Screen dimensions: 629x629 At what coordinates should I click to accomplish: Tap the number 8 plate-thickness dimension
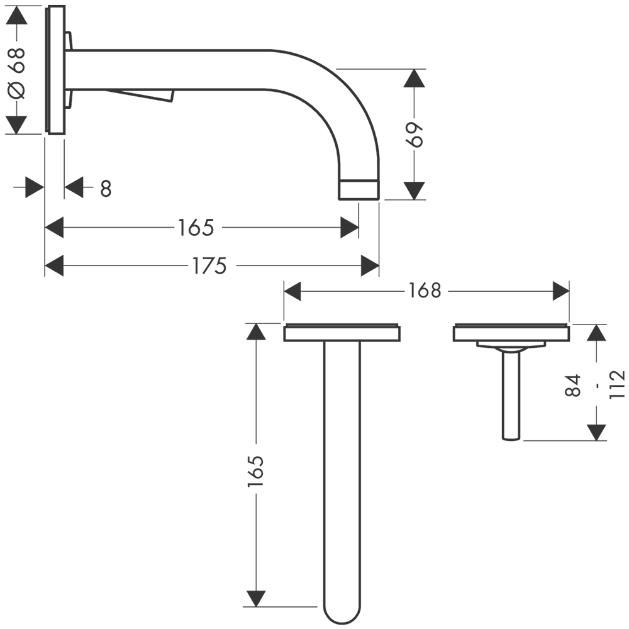(x=106, y=188)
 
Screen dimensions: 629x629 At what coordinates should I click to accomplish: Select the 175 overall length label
(x=209, y=266)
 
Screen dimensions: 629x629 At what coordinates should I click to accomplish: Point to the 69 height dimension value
(x=415, y=134)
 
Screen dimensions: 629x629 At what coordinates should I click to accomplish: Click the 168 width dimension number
(x=425, y=291)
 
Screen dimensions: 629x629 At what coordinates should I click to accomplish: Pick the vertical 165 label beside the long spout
(x=255, y=472)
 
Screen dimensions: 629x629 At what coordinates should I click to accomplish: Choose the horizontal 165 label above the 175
(x=196, y=227)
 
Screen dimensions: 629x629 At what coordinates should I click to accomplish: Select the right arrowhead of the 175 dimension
(x=370, y=266)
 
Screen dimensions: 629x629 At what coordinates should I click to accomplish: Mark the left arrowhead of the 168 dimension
(x=294, y=291)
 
